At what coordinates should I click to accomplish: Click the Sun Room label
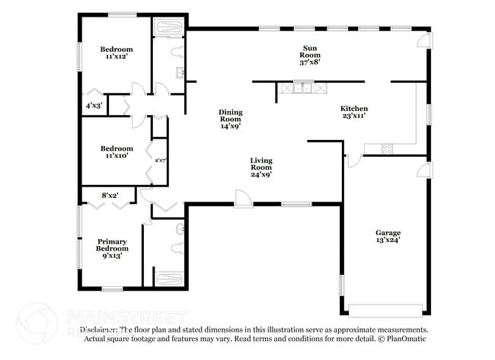tap(309, 55)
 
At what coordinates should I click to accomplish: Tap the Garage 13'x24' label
tap(388, 237)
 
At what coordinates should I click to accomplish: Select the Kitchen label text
tap(353, 112)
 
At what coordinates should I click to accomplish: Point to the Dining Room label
tap(230, 119)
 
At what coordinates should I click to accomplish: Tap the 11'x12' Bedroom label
tap(116, 53)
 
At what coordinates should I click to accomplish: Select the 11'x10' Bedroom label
tap(116, 152)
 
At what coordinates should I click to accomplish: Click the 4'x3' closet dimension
tap(94, 105)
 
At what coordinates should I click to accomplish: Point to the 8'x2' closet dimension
tap(110, 196)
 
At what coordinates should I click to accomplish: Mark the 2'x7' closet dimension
tap(161, 161)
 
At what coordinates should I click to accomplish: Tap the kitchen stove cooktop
tap(386, 148)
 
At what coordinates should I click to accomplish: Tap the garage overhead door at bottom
tap(385, 310)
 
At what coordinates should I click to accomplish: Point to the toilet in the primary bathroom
tap(179, 228)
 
